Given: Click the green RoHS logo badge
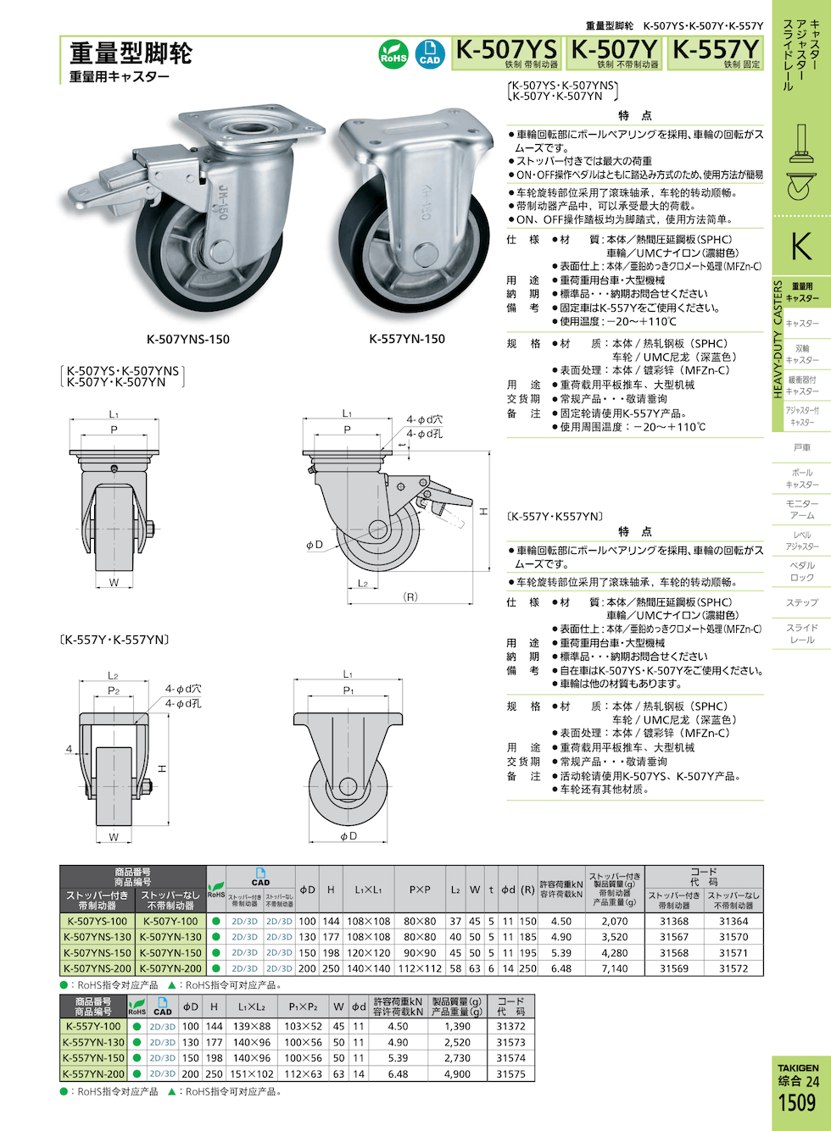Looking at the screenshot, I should tap(393, 54).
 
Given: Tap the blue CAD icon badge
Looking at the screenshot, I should tap(430, 54).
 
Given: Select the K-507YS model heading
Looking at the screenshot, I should tap(506, 50).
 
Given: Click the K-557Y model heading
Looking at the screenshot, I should tap(716, 50).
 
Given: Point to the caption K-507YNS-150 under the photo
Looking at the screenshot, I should tap(187, 339).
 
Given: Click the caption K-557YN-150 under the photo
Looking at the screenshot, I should tap(407, 339).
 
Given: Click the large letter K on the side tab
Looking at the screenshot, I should tap(800, 247).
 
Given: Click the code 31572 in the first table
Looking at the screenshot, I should tap(733, 968).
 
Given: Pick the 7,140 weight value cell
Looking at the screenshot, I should tap(614, 968).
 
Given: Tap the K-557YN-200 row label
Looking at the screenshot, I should tap(93, 1073).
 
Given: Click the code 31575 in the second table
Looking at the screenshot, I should tap(510, 1073).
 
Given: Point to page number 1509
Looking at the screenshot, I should tap(796, 1102).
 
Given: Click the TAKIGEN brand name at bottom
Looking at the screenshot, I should tap(798, 1067).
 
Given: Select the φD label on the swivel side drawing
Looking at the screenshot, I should tap(315, 545).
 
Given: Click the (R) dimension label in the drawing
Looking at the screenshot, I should tap(410, 597).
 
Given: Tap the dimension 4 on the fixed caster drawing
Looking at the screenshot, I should tap(69, 749).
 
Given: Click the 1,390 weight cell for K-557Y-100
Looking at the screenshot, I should tap(457, 1026).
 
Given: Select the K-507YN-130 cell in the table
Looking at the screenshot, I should tap(170, 937).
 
